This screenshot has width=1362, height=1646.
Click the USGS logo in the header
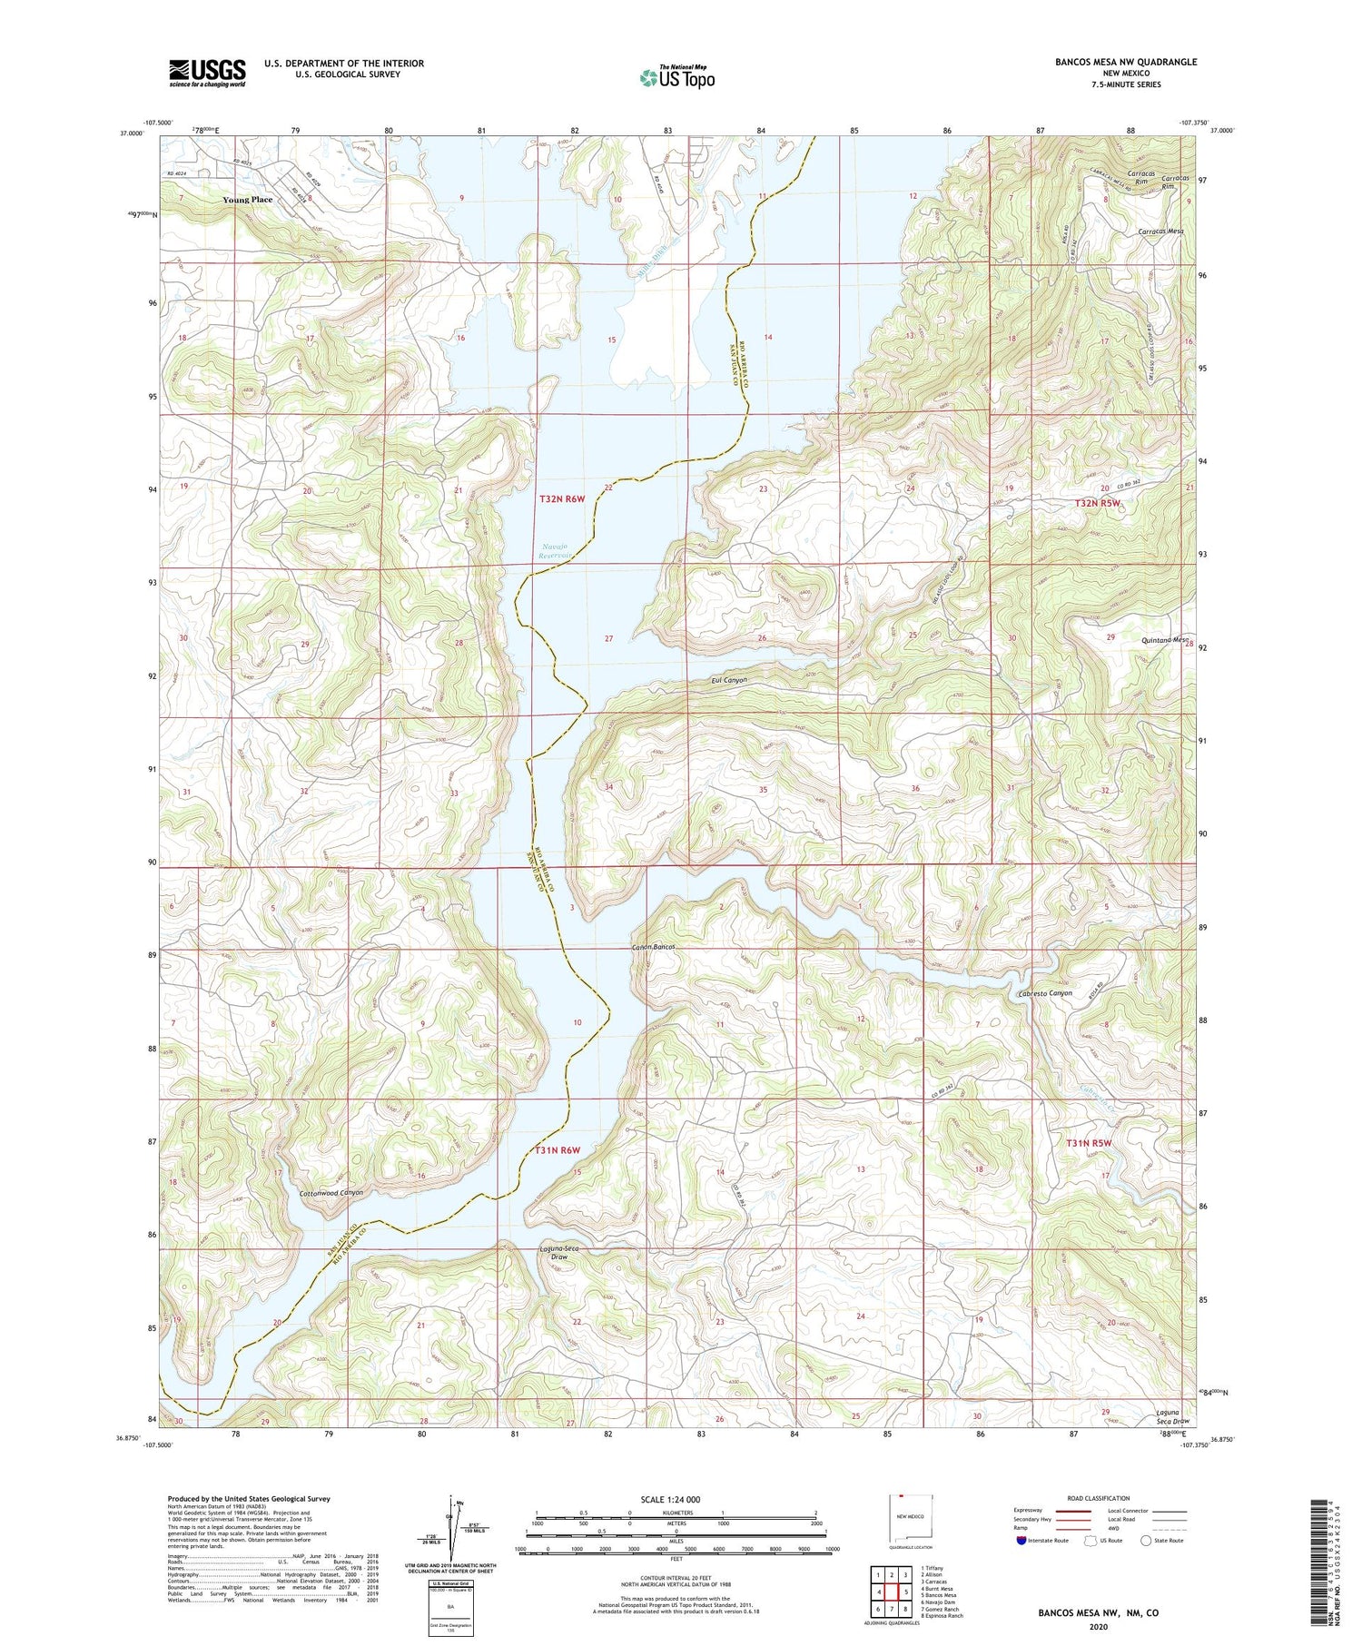point(206,73)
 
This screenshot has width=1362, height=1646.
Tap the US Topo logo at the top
point(676,77)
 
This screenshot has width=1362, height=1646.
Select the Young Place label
point(248,199)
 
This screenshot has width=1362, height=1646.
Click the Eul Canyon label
point(728,680)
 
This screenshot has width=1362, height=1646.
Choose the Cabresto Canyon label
point(1045,993)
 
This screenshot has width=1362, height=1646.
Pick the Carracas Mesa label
point(1160,232)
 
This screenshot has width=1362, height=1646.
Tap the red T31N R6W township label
point(557,1150)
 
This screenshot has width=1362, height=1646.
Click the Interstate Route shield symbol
point(1021,1541)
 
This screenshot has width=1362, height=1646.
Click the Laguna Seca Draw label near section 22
point(559,1255)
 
